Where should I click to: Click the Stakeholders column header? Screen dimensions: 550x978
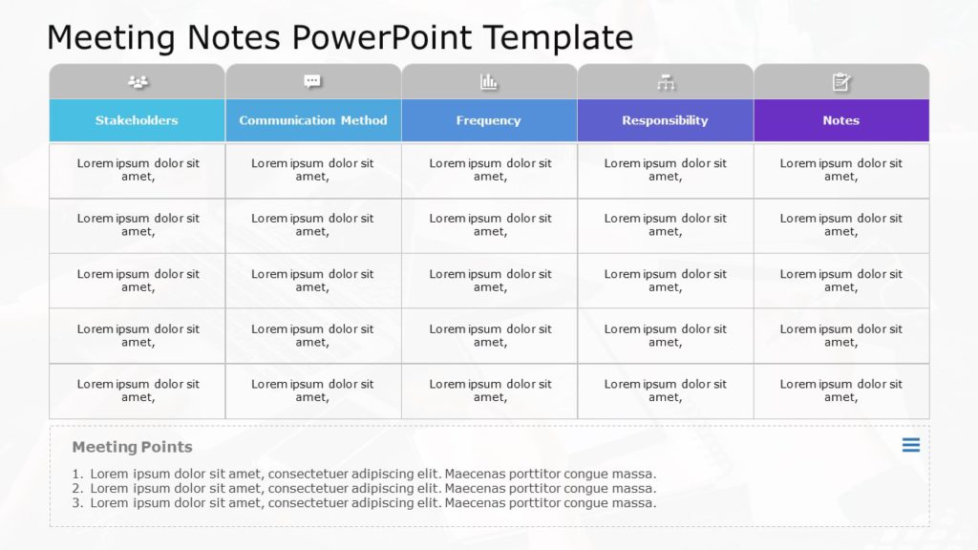point(137,120)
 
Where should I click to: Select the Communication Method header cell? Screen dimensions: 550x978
point(313,120)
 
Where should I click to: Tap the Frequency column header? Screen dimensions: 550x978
point(489,120)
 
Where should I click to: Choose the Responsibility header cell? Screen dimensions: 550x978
point(665,120)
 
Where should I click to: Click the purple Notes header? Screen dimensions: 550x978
point(840,120)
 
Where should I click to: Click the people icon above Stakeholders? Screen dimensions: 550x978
point(138,82)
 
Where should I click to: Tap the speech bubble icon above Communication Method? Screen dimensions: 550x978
point(312,82)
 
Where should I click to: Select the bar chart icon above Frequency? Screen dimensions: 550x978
point(489,82)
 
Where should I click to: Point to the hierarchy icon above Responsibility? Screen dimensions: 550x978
point(666,83)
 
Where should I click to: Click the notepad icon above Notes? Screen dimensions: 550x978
point(840,82)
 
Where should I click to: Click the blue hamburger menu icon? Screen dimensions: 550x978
point(911,445)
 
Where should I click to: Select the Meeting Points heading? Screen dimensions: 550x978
point(132,447)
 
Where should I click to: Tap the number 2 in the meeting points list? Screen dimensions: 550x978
point(76,489)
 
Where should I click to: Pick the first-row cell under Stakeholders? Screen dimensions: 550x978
point(138,170)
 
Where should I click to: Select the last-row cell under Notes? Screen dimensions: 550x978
point(840,391)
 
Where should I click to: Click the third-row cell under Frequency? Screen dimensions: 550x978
point(489,281)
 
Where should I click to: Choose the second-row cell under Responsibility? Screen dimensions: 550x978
point(665,225)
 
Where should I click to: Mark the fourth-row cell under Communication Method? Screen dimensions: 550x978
point(313,335)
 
